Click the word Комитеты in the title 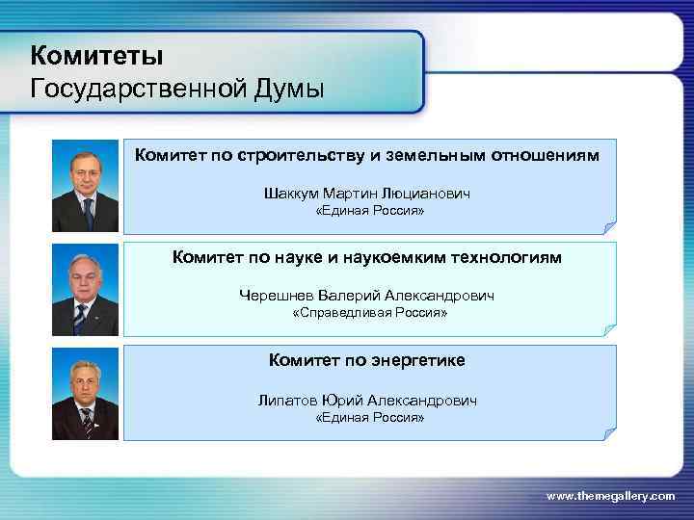coord(96,53)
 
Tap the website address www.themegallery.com coord(611,495)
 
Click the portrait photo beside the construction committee coord(85,186)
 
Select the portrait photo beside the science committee coord(85,289)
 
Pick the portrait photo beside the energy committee coord(85,394)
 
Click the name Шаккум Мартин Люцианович coord(367,194)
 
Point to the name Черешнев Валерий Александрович coord(367,296)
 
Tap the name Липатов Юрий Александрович coord(367,400)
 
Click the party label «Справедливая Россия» coord(370,314)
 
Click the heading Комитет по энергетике coord(367,360)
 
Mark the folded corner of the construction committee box coord(608,227)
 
